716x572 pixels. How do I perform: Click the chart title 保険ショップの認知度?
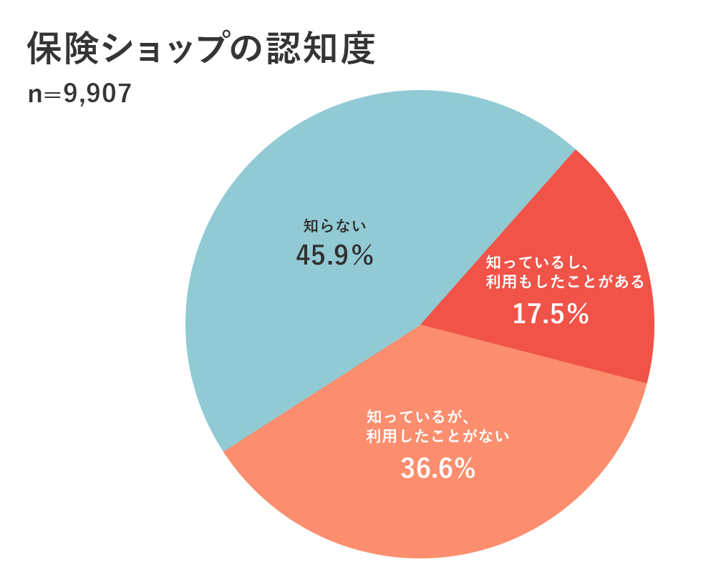[201, 50]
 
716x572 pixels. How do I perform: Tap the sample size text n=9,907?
[79, 94]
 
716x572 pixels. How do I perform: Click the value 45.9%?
[334, 255]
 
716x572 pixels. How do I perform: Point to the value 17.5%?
[551, 313]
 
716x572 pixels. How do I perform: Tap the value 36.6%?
[437, 468]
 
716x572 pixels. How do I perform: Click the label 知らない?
[334, 226]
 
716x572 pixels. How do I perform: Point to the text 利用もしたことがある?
[565, 281]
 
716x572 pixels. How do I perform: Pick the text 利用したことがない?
[437, 435]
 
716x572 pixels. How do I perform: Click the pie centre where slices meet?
[420, 325]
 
